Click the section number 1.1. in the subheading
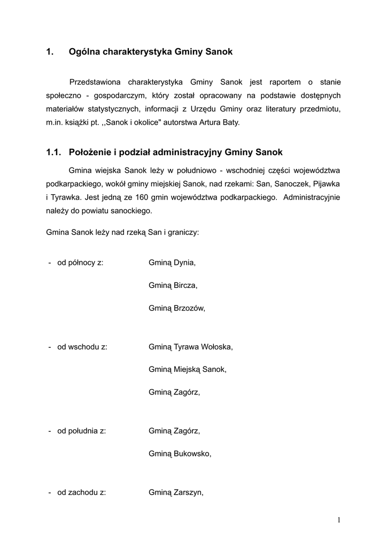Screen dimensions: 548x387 tap(55, 153)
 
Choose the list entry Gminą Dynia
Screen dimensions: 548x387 tap(172, 263)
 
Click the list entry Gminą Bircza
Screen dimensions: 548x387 tap(173, 285)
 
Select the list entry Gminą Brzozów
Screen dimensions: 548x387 tap(176, 308)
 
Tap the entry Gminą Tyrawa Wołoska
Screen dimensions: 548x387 tap(190, 347)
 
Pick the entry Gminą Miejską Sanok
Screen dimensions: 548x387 tap(187, 369)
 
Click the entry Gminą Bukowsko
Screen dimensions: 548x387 tap(180, 454)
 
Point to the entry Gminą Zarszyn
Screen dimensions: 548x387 tap(176, 493)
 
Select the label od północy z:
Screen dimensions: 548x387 tap(80, 263)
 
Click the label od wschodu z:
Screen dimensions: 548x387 tap(82, 347)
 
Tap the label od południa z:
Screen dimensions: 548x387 tap(82, 431)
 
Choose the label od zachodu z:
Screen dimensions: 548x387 tap(81, 493)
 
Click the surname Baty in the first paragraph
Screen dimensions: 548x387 tap(231, 123)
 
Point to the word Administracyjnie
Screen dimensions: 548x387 tap(312, 197)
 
